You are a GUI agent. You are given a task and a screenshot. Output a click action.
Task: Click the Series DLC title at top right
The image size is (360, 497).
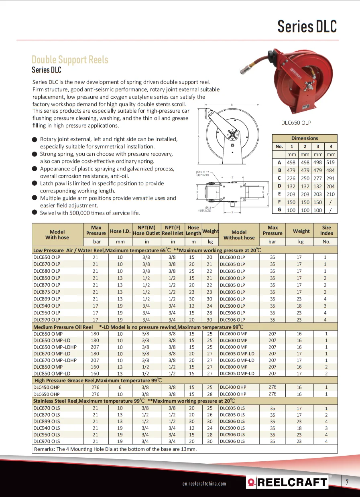[307, 26]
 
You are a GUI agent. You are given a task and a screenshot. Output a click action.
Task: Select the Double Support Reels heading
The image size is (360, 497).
[70, 60]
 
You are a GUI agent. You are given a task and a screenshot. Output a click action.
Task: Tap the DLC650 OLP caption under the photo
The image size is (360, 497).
[296, 123]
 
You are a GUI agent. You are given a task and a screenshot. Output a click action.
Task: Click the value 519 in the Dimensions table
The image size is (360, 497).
[331, 162]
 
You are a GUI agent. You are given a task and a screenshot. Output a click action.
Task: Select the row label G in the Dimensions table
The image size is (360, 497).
[279, 210]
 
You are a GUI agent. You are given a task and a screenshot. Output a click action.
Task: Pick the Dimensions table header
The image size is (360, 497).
[304, 138]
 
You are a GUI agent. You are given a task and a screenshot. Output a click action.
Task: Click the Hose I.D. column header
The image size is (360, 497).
[120, 231]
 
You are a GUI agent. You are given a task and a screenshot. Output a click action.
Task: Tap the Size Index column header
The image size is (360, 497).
[326, 230]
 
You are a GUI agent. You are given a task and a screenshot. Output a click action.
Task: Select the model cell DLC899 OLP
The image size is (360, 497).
[47, 299]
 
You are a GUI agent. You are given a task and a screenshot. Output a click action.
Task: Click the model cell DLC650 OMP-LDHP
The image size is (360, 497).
[55, 347]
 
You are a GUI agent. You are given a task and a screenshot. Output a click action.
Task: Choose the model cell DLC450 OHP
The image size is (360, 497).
[47, 387]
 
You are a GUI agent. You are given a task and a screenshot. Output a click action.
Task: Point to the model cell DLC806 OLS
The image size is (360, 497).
[232, 422]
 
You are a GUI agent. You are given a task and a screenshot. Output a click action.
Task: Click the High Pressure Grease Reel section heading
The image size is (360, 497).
[98, 380]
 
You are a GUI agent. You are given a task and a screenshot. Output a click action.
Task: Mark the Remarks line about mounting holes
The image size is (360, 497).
[116, 449]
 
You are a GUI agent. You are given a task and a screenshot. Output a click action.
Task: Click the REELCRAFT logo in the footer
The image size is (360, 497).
[287, 482]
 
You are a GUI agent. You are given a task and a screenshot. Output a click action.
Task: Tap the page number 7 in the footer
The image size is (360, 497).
[347, 483]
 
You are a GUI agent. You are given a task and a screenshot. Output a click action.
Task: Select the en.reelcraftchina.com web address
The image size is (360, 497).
[204, 484]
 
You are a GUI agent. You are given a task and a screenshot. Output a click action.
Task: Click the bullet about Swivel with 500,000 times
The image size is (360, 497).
[90, 213]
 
